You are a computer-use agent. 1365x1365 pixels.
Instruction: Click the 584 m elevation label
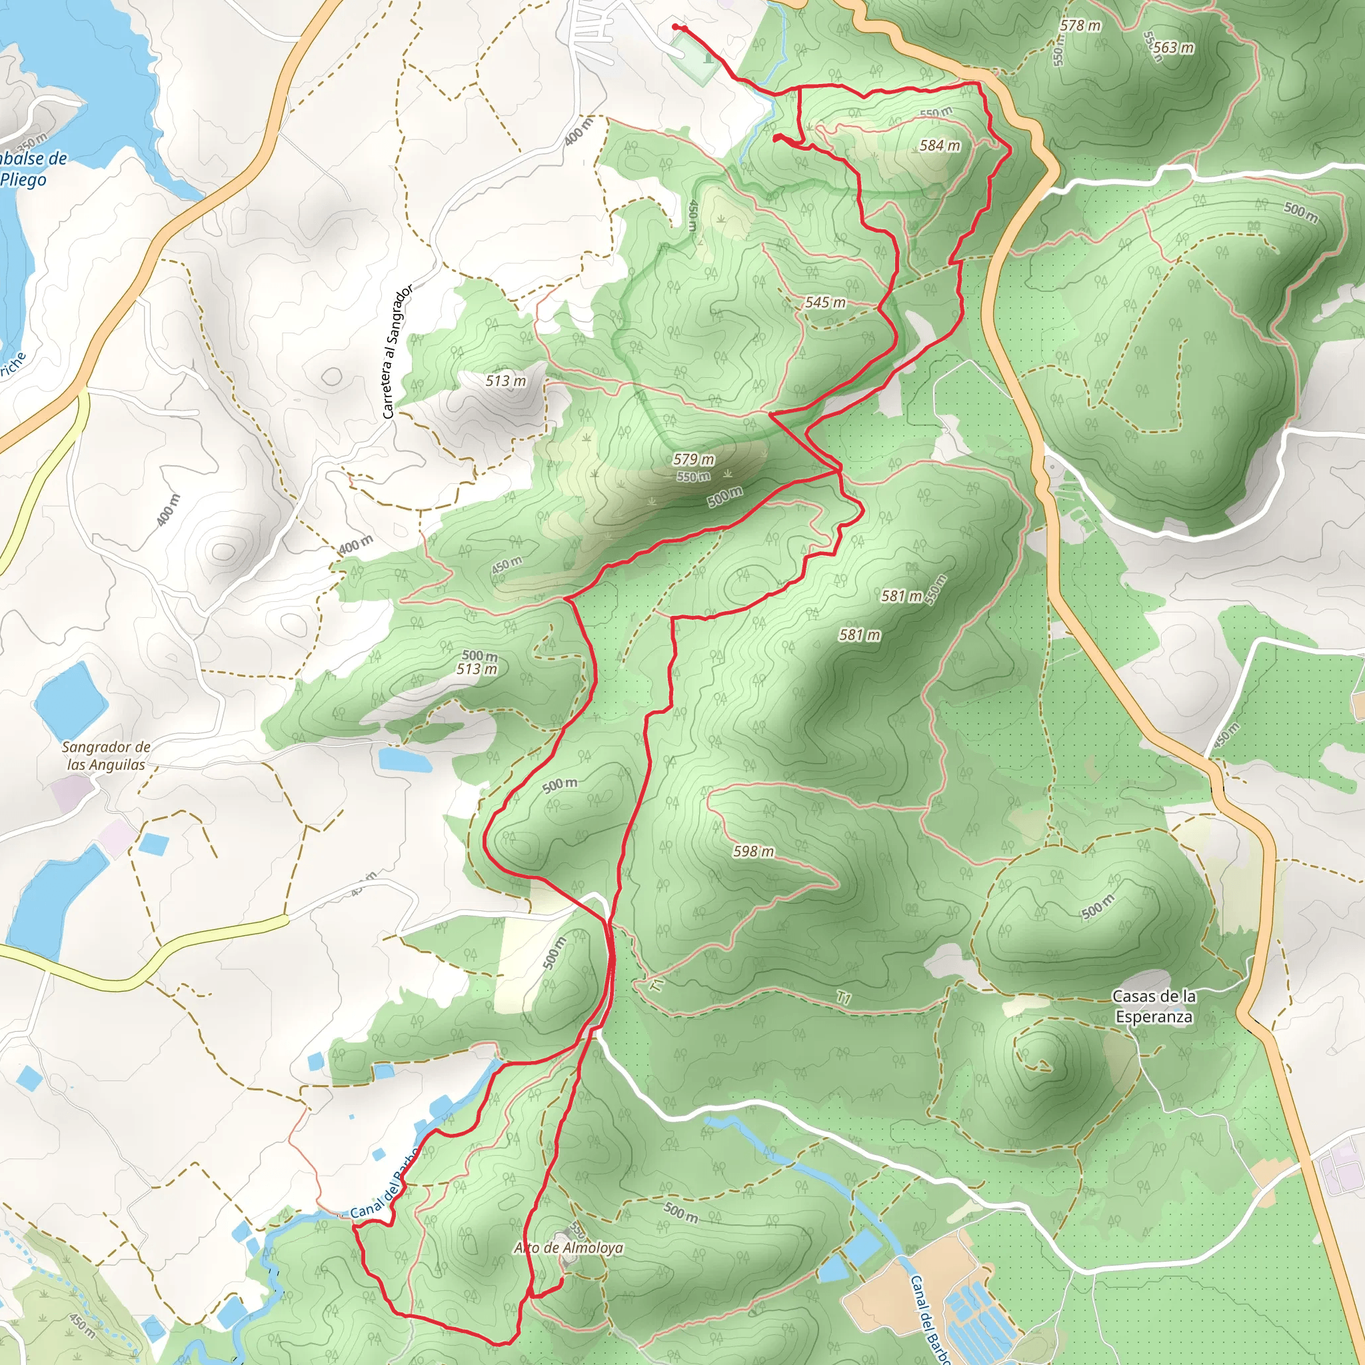940,145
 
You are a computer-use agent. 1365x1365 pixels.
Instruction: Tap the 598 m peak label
753,851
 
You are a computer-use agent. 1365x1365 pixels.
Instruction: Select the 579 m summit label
693,459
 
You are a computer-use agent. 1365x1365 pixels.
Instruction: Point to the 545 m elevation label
825,303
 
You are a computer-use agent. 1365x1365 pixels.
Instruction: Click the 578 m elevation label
1080,25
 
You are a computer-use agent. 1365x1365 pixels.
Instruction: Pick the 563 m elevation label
1174,47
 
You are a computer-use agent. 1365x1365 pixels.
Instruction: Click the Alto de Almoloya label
569,1248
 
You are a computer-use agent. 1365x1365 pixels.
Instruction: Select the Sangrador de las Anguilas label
106,755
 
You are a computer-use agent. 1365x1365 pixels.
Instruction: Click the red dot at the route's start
675,27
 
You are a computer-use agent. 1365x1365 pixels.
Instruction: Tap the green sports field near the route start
696,56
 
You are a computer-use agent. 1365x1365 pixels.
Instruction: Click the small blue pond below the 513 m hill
404,760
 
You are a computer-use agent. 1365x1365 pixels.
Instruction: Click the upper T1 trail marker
657,984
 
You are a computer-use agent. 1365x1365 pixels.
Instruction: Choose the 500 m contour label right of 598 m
1097,906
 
